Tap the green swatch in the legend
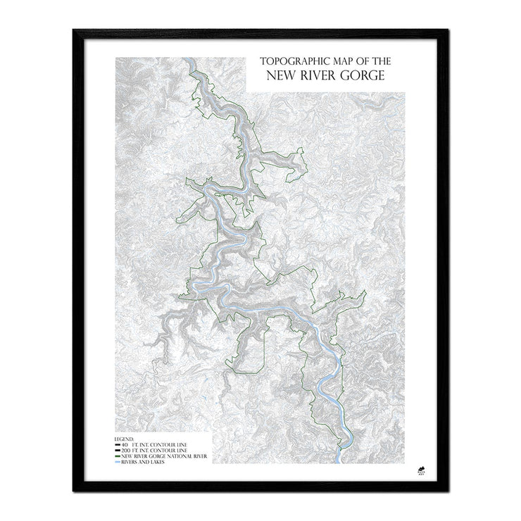tap(118, 457)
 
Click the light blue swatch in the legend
tap(118, 463)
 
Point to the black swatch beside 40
tap(118, 446)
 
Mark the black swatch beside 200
tap(118, 451)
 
